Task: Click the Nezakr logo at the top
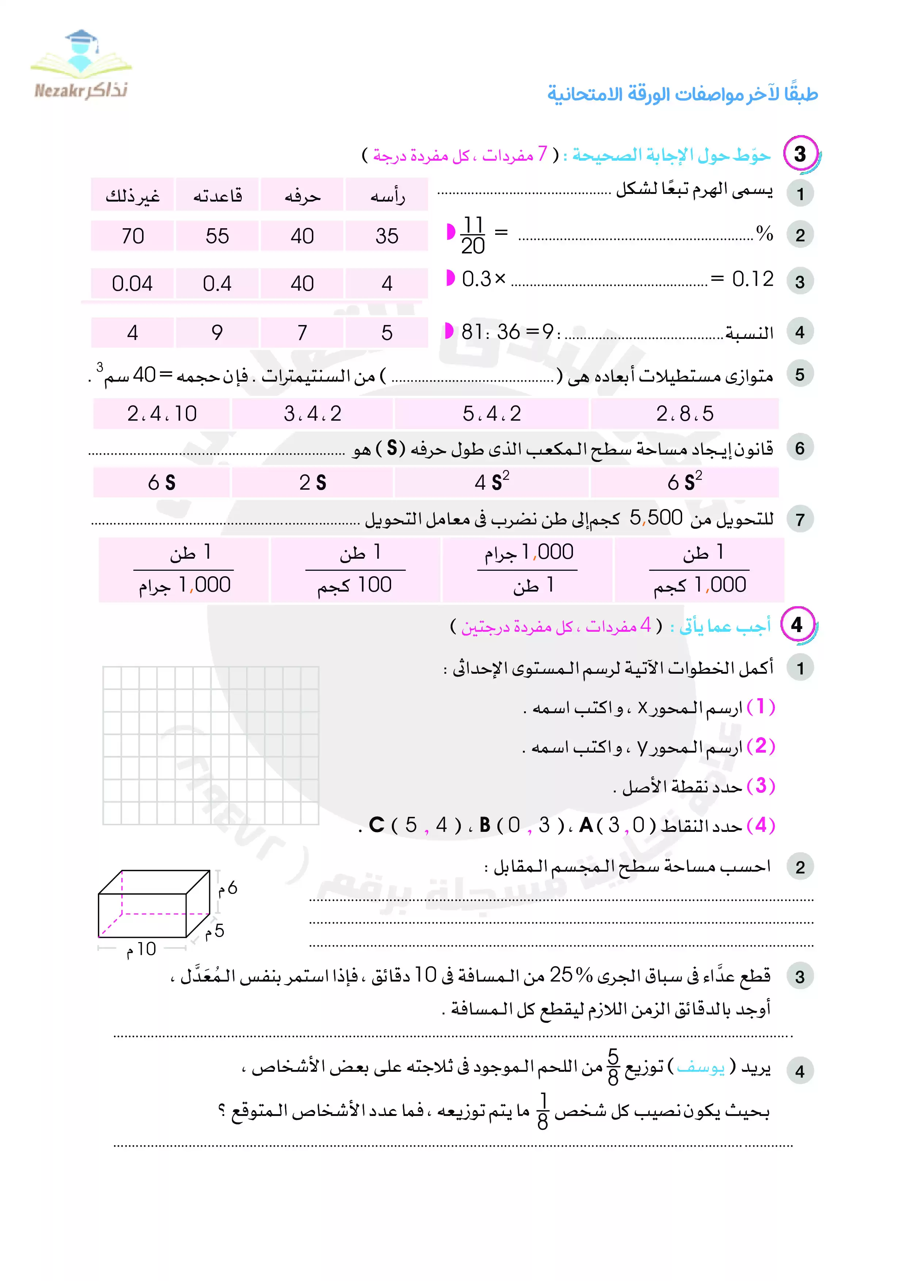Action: click(x=81, y=66)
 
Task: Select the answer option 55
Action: click(x=217, y=236)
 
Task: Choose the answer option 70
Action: click(x=132, y=236)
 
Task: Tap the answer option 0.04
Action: click(x=132, y=283)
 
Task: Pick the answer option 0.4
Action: click(x=217, y=283)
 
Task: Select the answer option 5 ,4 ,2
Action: click(x=492, y=413)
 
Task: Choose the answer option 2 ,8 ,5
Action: click(x=684, y=413)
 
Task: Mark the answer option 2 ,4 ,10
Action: click(x=162, y=413)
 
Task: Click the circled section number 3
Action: click(x=800, y=154)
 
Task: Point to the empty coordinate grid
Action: click(x=211, y=745)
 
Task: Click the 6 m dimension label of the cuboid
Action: click(x=228, y=888)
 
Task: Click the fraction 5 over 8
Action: click(x=613, y=1067)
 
